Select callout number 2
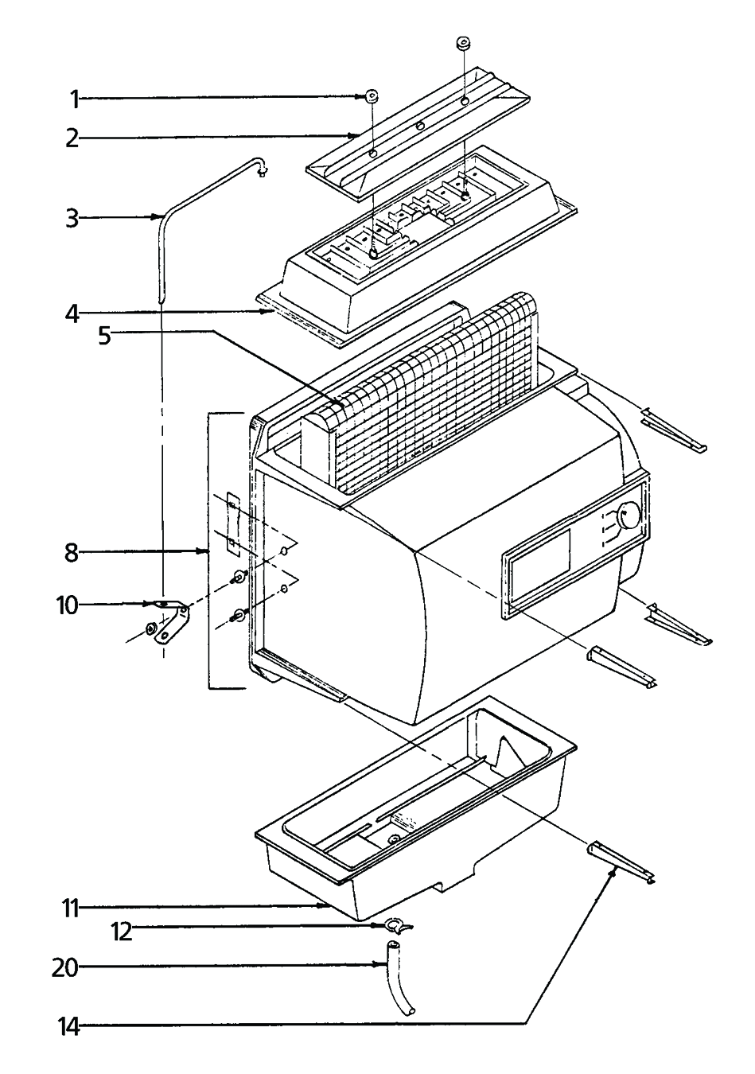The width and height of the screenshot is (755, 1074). [73, 138]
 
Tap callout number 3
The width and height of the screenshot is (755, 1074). [73, 217]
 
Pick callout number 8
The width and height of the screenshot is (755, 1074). [73, 552]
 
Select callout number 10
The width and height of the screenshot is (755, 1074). [68, 606]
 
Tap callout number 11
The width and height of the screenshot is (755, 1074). [72, 907]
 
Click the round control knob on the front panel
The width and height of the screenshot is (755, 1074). [628, 516]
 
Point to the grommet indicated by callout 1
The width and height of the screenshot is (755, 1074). [372, 97]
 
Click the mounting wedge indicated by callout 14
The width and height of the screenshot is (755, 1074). [621, 862]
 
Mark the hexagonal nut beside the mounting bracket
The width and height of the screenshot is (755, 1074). [150, 631]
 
